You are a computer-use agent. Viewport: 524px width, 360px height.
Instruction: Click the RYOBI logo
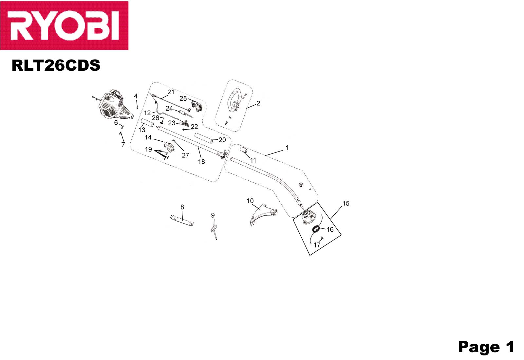tap(64, 26)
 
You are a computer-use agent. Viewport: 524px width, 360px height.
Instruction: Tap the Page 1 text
tap(486, 347)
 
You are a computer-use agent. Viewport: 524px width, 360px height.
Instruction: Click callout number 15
tap(346, 203)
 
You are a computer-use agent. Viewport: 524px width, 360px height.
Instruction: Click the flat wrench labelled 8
tap(182, 221)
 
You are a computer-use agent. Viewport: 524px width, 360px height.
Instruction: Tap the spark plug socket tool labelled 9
tap(214, 231)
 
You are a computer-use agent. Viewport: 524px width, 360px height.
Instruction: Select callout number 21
tap(171, 92)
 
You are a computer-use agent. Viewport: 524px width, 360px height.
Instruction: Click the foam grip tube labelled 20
tap(204, 138)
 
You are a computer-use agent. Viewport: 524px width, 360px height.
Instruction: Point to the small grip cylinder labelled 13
tap(147, 123)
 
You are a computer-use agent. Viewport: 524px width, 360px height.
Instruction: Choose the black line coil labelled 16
tap(316, 229)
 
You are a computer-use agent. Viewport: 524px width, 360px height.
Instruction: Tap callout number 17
tap(317, 245)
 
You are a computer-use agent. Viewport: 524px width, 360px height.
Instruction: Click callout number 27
tap(185, 155)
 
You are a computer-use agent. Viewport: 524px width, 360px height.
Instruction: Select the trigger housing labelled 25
tap(196, 106)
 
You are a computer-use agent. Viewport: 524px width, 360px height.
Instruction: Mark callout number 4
tap(136, 96)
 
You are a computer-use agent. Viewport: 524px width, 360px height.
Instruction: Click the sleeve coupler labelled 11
tap(243, 150)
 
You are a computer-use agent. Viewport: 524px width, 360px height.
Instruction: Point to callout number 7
tap(123, 145)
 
